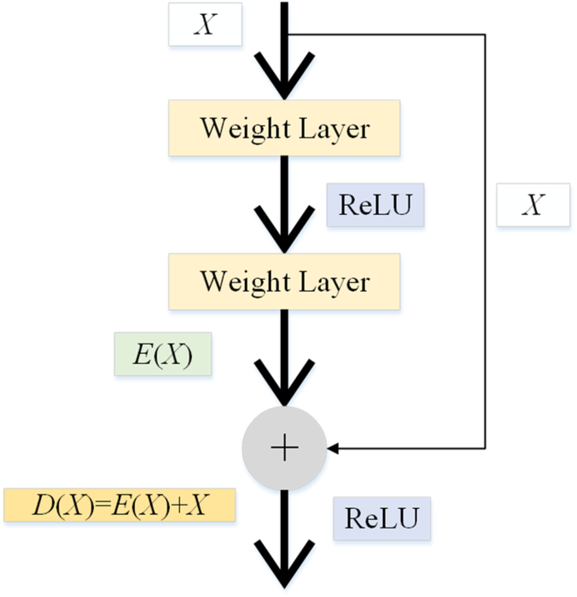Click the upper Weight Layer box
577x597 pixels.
coord(284,128)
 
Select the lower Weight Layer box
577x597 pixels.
coord(284,282)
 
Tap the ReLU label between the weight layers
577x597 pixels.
coord(375,205)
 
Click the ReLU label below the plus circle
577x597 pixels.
coord(382,518)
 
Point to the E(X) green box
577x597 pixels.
coord(163,354)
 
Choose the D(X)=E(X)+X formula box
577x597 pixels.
coord(120,505)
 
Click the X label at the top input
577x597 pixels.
coord(205,24)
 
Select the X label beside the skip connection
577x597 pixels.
coord(533,205)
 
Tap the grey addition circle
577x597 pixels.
coord(284,448)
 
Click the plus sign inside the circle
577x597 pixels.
coord(284,448)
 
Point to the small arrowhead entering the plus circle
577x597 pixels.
coord(332,448)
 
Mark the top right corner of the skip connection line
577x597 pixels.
coord(485,35)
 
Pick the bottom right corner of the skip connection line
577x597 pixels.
coord(485,448)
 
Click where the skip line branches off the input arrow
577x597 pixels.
coord(287,35)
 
